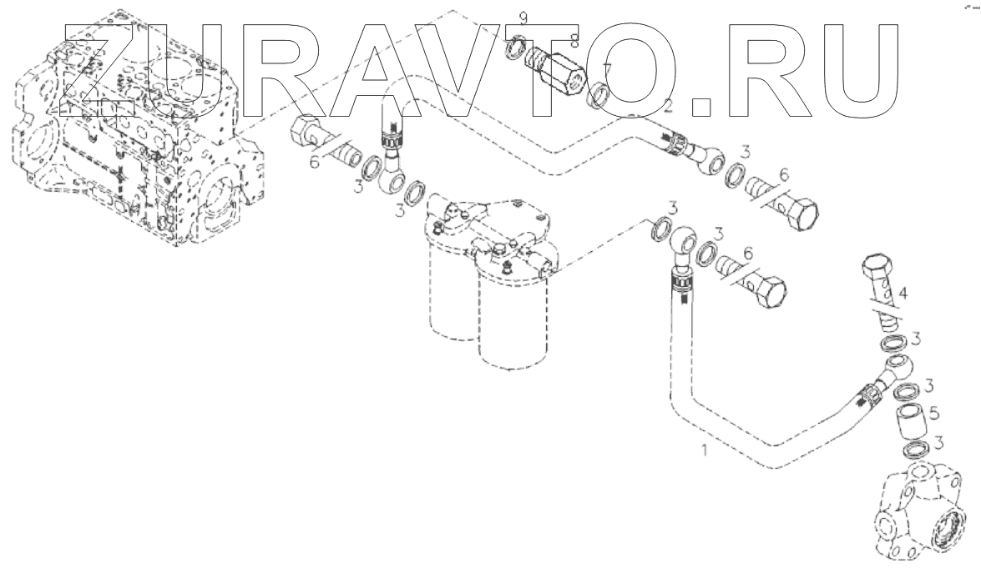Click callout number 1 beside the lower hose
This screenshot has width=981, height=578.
click(x=705, y=450)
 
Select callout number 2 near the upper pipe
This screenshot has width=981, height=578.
click(x=668, y=106)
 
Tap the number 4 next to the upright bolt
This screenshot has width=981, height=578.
click(x=903, y=293)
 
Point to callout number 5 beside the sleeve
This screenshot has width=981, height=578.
click(x=935, y=413)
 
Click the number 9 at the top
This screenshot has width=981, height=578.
click(x=523, y=18)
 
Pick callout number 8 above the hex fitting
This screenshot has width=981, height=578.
click(x=574, y=41)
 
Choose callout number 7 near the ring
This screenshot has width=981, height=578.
click(x=606, y=68)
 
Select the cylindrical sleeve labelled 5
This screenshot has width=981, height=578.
click(x=909, y=420)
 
